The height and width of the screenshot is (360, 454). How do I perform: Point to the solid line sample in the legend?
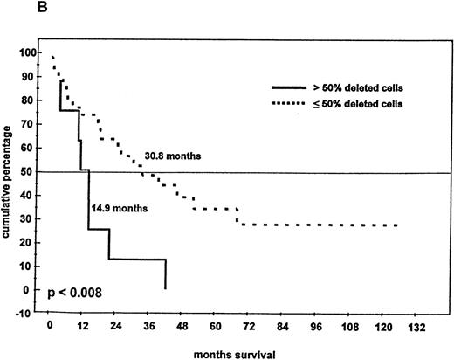[x=285, y=89]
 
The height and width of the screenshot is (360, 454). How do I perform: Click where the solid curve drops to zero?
[x=165, y=288]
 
